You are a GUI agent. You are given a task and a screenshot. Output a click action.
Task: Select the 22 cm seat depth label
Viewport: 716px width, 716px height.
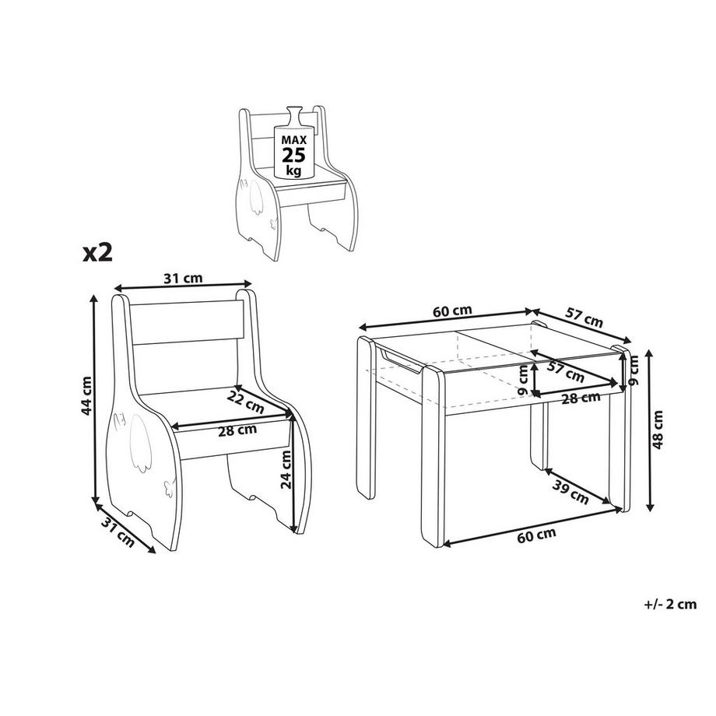pos(245,402)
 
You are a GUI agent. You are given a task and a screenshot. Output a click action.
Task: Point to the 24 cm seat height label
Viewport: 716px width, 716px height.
pos(286,469)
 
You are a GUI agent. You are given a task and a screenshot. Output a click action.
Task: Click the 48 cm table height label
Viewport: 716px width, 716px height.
pos(658,430)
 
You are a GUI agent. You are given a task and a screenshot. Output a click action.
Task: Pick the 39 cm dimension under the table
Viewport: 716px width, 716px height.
pos(570,492)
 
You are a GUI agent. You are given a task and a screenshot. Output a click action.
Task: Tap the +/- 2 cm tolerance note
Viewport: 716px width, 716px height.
pos(670,604)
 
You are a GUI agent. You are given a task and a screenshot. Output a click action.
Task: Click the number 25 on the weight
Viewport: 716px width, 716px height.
pos(293,155)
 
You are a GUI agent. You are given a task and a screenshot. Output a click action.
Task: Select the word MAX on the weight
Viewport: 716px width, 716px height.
pos(293,140)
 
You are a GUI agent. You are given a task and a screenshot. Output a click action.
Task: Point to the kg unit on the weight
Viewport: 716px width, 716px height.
pos(293,171)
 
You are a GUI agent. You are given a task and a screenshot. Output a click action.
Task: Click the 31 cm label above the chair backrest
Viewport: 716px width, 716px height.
pos(183,278)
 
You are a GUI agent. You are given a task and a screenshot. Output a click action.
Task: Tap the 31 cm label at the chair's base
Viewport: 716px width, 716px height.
pos(118,532)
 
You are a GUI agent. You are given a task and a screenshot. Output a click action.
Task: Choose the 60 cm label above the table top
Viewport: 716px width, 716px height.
pos(452,311)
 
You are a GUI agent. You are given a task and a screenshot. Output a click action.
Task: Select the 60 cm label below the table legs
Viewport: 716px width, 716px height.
pos(536,535)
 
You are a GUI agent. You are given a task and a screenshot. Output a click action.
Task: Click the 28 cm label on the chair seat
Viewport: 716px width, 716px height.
pos(237,430)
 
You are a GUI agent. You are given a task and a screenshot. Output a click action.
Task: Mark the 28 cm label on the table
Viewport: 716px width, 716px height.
pos(581,398)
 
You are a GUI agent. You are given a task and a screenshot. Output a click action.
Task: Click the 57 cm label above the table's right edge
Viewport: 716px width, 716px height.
pos(584,318)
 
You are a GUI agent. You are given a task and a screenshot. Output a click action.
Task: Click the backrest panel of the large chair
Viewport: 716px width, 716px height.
pos(185,322)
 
